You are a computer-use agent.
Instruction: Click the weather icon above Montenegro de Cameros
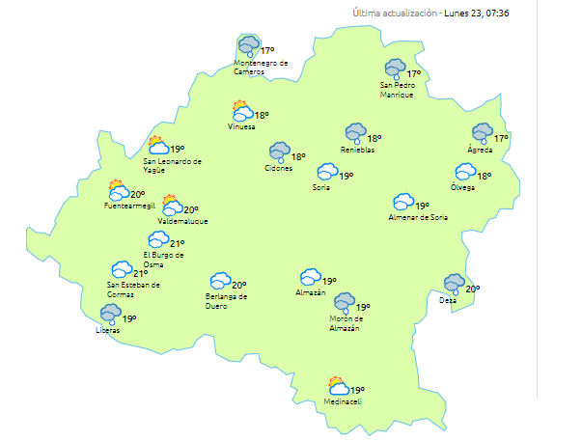coord(249,46)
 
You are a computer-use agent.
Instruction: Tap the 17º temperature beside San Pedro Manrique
coord(414,74)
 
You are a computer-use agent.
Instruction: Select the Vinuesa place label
coord(242,126)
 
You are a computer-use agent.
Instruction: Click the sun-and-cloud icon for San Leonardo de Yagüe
coord(157,146)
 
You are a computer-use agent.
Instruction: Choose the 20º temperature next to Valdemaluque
coord(191,209)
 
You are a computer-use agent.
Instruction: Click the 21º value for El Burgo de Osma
coord(178,244)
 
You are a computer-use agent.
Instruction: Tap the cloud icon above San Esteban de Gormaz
coord(122,269)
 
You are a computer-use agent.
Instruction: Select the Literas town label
coord(108,331)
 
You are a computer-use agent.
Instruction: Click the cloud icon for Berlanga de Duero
coord(221,281)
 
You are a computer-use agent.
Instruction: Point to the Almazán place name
coord(311,292)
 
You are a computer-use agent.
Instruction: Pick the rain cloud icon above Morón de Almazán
coord(345,304)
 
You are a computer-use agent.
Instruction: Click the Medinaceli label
coord(343,401)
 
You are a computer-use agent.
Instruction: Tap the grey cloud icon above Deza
coord(454,284)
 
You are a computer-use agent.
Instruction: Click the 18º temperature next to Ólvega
coord(485,177)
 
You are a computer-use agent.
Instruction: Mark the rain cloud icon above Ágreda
coord(482,133)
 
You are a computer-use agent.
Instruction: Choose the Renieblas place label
coord(357,150)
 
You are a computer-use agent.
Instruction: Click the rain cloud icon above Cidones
coord(280,152)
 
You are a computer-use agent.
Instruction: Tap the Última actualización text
coord(395,14)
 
